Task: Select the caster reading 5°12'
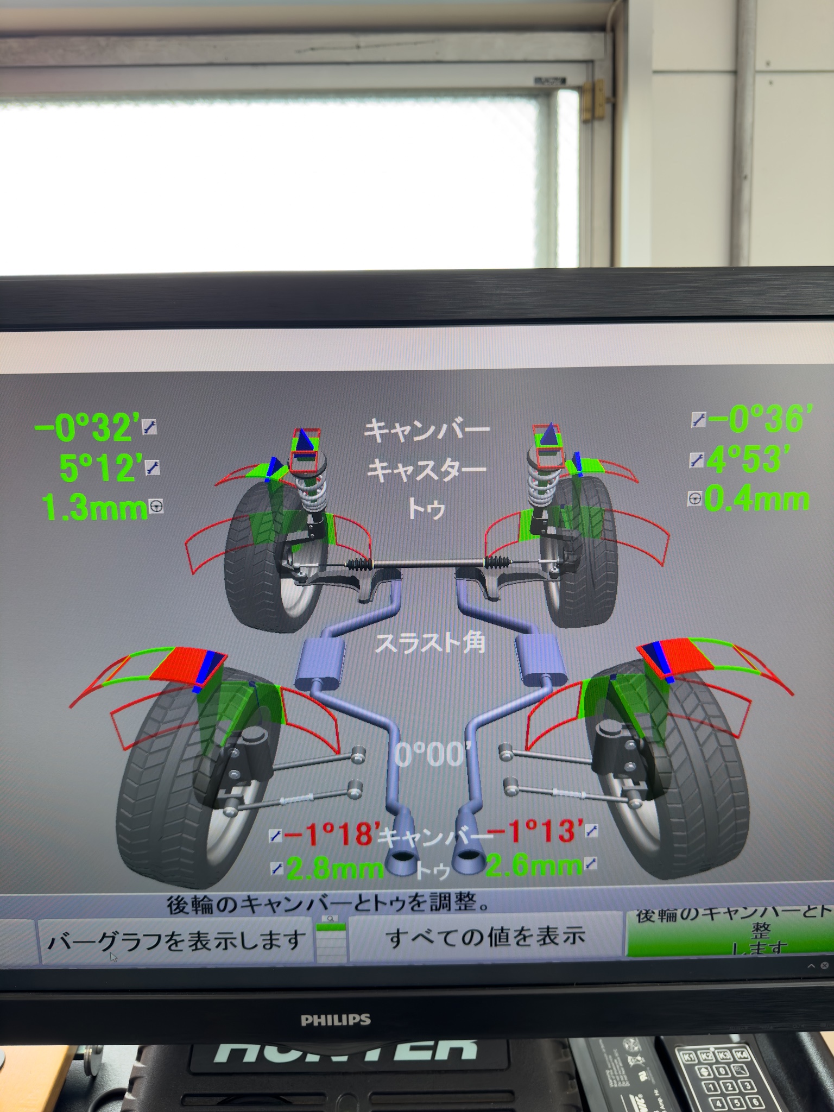point(101,467)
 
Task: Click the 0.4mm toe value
point(756,500)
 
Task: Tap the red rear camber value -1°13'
point(535,831)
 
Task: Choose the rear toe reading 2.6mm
point(533,865)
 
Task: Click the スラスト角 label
point(430,643)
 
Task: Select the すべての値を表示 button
point(485,938)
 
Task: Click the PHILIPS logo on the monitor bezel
point(336,1020)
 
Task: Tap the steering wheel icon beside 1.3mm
point(156,507)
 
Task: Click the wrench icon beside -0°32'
point(149,427)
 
